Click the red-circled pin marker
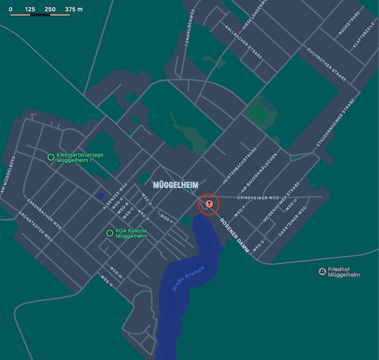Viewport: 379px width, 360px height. click(x=209, y=204)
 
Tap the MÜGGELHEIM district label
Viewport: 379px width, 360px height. click(x=176, y=185)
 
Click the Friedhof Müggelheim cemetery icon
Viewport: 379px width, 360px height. click(x=322, y=271)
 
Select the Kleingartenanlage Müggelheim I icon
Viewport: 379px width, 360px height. click(x=51, y=157)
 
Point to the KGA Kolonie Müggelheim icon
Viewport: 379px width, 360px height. click(x=109, y=233)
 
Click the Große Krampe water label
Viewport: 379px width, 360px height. click(x=188, y=279)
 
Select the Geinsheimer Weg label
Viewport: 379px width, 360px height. click(x=259, y=197)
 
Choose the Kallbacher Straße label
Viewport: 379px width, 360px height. click(x=244, y=44)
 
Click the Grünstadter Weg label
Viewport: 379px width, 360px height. click(x=36, y=226)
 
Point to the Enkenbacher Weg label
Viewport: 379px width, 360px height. click(x=45, y=214)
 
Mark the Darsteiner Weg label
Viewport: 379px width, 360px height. click(x=292, y=222)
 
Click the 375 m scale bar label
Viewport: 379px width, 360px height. click(x=74, y=10)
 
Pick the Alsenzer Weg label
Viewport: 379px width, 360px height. click(x=115, y=196)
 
